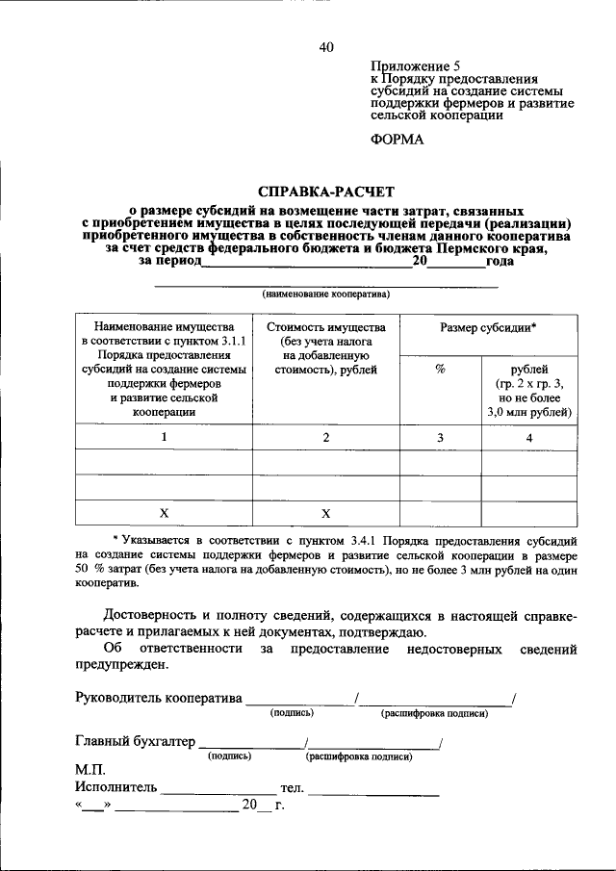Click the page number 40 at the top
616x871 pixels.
click(x=326, y=47)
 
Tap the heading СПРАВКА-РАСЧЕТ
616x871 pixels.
click(x=326, y=192)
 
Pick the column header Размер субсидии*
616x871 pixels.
click(x=488, y=327)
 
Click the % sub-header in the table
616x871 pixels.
click(x=440, y=369)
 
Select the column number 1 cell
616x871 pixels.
click(x=164, y=437)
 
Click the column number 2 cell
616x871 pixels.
click(x=326, y=437)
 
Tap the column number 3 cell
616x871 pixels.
click(x=440, y=437)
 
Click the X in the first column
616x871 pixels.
click(x=164, y=512)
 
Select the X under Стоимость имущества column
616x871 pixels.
click(x=326, y=512)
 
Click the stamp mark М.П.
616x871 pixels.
click(x=91, y=770)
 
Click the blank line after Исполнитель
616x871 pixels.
click(x=204, y=791)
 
